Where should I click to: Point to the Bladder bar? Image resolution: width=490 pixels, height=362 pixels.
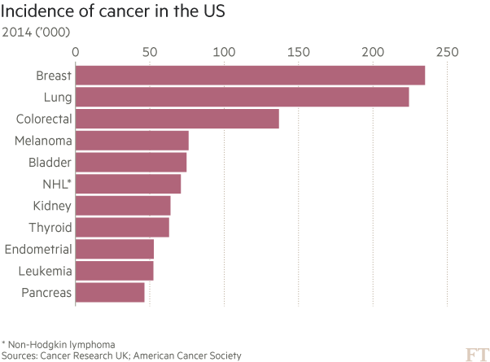(x=131, y=162)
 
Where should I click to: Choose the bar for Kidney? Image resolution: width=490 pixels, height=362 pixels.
(x=123, y=205)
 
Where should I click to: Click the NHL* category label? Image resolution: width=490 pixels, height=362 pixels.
(x=57, y=184)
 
